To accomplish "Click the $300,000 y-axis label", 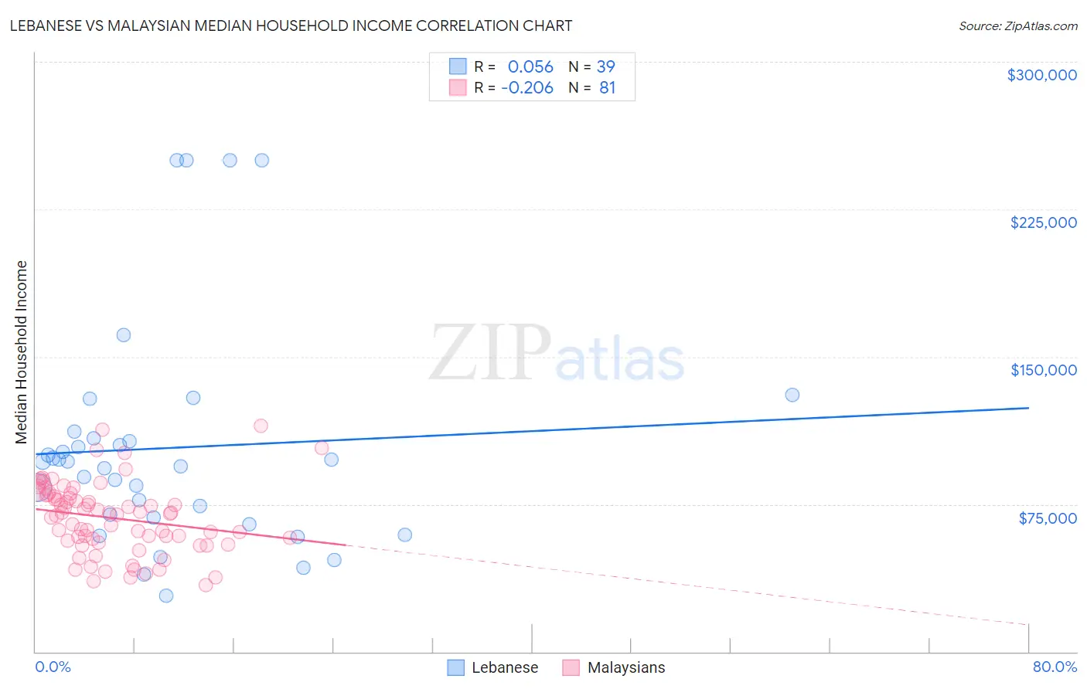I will click(1041, 75).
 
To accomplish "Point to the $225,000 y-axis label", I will click(1043, 222).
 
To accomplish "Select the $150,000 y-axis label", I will click(1043, 370).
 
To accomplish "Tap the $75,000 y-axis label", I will click(1047, 518).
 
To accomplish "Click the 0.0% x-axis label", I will click(53, 667).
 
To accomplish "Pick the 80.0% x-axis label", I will click(1055, 667).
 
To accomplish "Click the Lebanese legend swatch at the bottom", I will click(456, 667).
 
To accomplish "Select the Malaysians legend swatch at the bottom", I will click(571, 667).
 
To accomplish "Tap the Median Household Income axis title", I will click(21, 352).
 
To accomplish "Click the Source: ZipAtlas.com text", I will click(1017, 25).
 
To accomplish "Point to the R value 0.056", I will click(530, 67).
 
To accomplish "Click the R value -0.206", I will click(527, 88).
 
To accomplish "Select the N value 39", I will click(605, 67).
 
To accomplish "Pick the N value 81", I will click(607, 88).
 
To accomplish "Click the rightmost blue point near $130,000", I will click(792, 395).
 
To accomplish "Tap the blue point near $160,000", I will click(124, 335).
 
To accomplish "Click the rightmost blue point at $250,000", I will click(262, 161).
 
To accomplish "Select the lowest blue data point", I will click(166, 596).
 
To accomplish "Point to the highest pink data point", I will click(261, 426).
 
